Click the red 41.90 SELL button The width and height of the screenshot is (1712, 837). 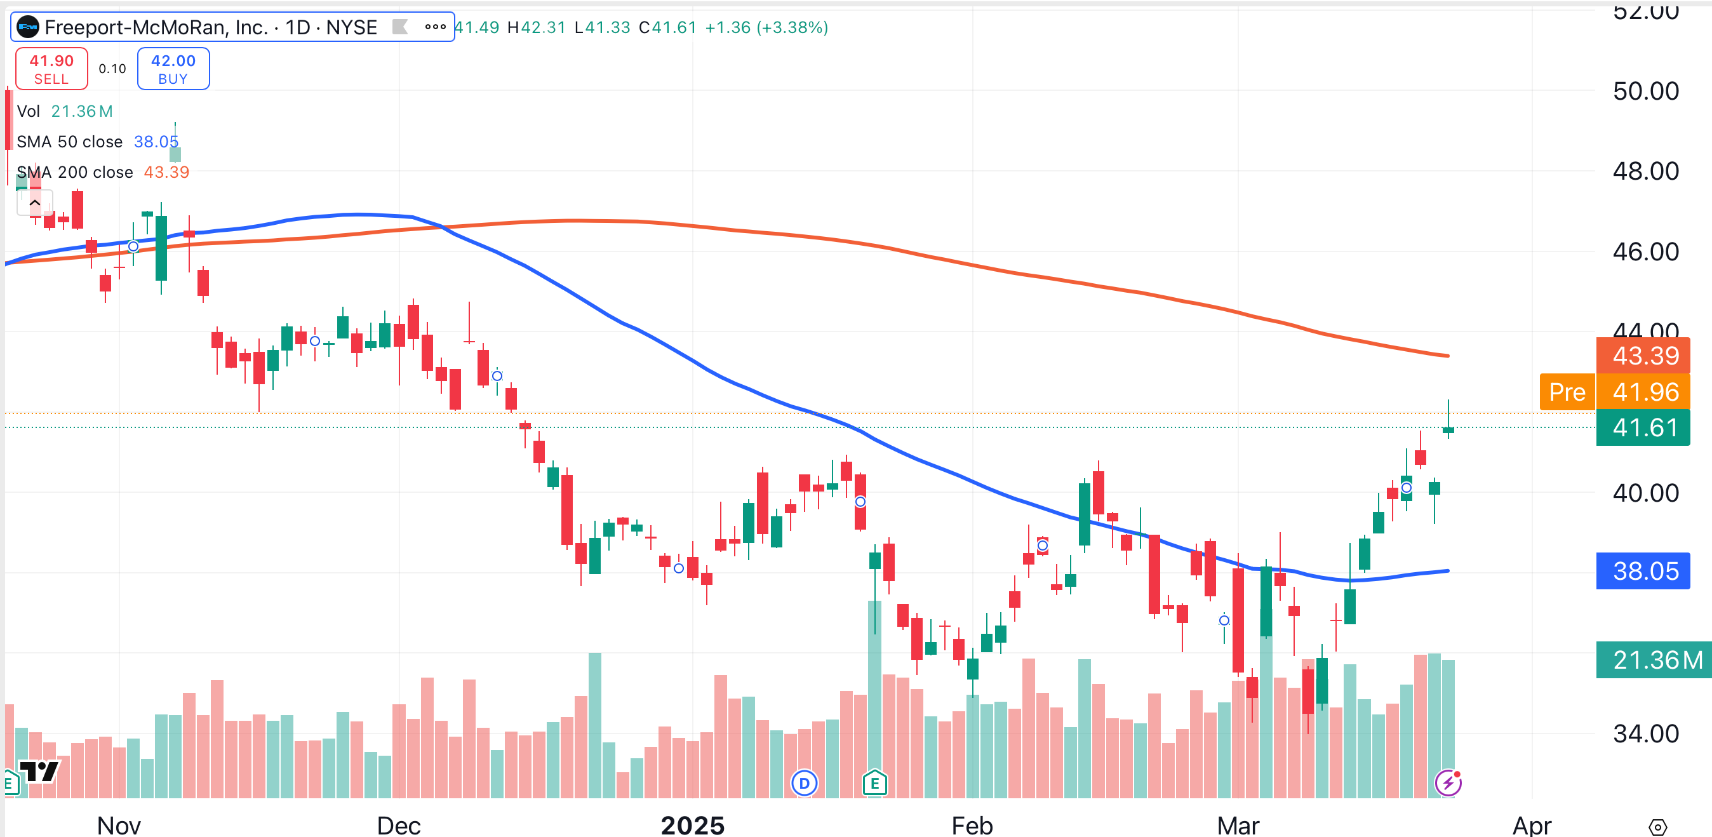51,69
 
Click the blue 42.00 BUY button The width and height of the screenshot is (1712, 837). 173,69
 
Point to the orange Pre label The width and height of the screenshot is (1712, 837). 1567,392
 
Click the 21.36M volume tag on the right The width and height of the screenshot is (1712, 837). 1654,660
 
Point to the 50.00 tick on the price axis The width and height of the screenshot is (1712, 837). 1645,91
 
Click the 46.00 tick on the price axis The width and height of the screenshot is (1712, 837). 1645,252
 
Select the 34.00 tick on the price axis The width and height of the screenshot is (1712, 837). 1645,734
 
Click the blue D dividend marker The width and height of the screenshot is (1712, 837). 804,783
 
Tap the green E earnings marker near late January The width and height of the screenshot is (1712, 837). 874,783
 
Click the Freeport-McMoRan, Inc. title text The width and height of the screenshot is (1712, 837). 156,27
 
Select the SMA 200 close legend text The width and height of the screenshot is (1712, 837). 74,172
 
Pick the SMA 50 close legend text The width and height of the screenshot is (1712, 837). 69,142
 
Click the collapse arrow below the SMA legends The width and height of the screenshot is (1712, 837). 34,203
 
